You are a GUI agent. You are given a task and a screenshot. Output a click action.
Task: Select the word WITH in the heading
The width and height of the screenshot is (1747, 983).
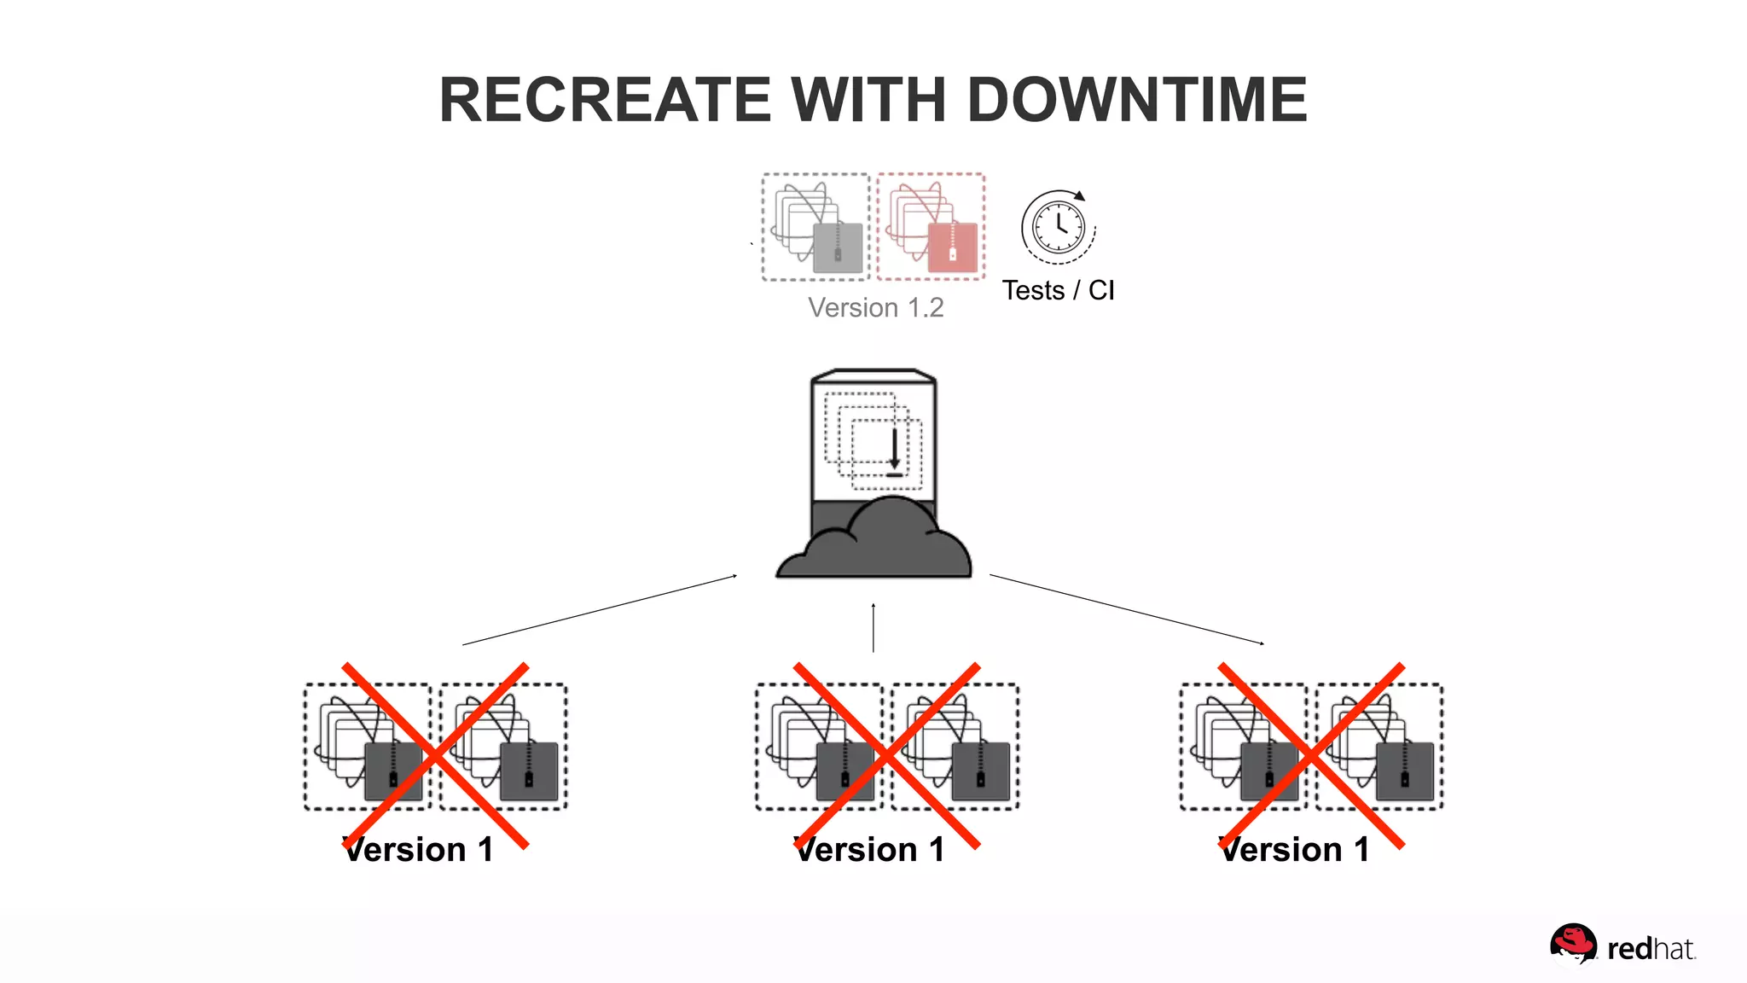click(x=868, y=100)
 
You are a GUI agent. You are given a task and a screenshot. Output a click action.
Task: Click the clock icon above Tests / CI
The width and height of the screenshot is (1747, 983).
click(x=1058, y=227)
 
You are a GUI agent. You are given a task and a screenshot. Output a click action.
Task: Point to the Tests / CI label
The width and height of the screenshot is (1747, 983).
click(x=1058, y=290)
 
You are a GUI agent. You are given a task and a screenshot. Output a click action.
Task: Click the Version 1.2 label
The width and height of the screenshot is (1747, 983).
click(x=875, y=308)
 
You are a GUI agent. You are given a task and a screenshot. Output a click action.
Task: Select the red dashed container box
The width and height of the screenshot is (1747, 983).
click(x=931, y=227)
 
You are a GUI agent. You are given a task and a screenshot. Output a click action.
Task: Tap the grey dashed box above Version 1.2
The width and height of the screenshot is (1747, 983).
click(x=815, y=227)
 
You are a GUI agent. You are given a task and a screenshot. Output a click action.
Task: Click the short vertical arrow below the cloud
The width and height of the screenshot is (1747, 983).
click(x=873, y=628)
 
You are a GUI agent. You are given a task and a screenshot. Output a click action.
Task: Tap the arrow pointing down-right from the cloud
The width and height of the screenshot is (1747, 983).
click(x=1126, y=609)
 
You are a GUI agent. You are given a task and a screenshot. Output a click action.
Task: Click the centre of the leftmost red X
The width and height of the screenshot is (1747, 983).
click(x=435, y=755)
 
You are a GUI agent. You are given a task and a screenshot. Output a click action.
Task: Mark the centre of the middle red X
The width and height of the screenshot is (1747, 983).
click(x=886, y=755)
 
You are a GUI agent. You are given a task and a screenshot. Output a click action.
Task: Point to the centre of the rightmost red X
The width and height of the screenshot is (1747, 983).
click(x=1311, y=755)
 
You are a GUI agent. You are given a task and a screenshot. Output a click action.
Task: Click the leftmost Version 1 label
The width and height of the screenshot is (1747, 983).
click(x=418, y=850)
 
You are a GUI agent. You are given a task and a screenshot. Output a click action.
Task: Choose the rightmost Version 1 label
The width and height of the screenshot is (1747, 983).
click(x=1295, y=850)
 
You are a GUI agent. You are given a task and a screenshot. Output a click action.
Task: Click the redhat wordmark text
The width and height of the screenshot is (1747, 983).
click(x=1650, y=950)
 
